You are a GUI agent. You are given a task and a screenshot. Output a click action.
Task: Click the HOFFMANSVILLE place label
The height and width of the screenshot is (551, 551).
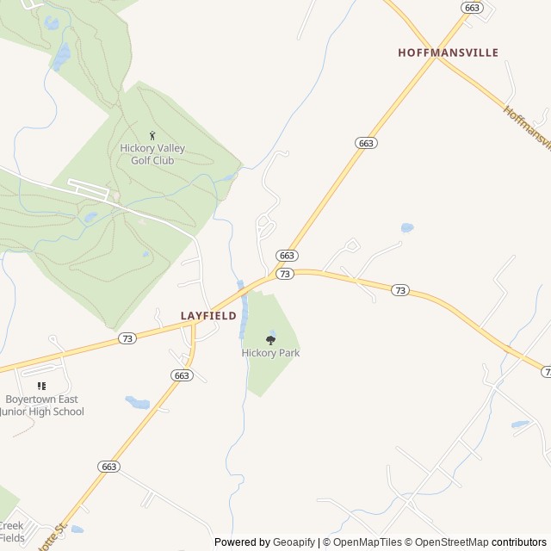coord(448,53)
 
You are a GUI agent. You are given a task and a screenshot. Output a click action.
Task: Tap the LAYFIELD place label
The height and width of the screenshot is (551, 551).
coord(208,316)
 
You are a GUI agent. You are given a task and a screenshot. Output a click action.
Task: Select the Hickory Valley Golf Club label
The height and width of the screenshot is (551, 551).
coord(152,154)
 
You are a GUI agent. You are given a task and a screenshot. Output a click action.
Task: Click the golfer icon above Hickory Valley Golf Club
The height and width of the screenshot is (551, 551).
coord(153,135)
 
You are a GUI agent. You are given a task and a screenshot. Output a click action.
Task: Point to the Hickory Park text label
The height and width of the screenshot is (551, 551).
coord(270,353)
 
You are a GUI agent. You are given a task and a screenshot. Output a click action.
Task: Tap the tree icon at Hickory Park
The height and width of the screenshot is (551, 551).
coord(270,340)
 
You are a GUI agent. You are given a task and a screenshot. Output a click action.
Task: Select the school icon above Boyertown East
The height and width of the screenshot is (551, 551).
coord(41,387)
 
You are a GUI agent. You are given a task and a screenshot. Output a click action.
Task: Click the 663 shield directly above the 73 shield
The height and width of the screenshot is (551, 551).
coord(288,256)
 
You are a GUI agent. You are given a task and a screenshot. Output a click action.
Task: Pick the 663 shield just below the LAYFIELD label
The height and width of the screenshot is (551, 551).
coord(181,375)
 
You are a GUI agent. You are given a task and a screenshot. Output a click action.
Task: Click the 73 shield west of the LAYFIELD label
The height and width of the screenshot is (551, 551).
coord(127,338)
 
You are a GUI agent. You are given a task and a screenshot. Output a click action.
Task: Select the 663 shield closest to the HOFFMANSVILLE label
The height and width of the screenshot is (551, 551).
coord(471,8)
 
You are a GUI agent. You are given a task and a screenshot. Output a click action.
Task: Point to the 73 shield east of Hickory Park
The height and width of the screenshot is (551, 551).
coord(400,290)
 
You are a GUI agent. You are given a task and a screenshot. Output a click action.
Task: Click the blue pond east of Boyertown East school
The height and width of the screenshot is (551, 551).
coord(137,402)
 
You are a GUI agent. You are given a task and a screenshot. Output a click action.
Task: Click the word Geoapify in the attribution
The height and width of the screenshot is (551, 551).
coord(294,542)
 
